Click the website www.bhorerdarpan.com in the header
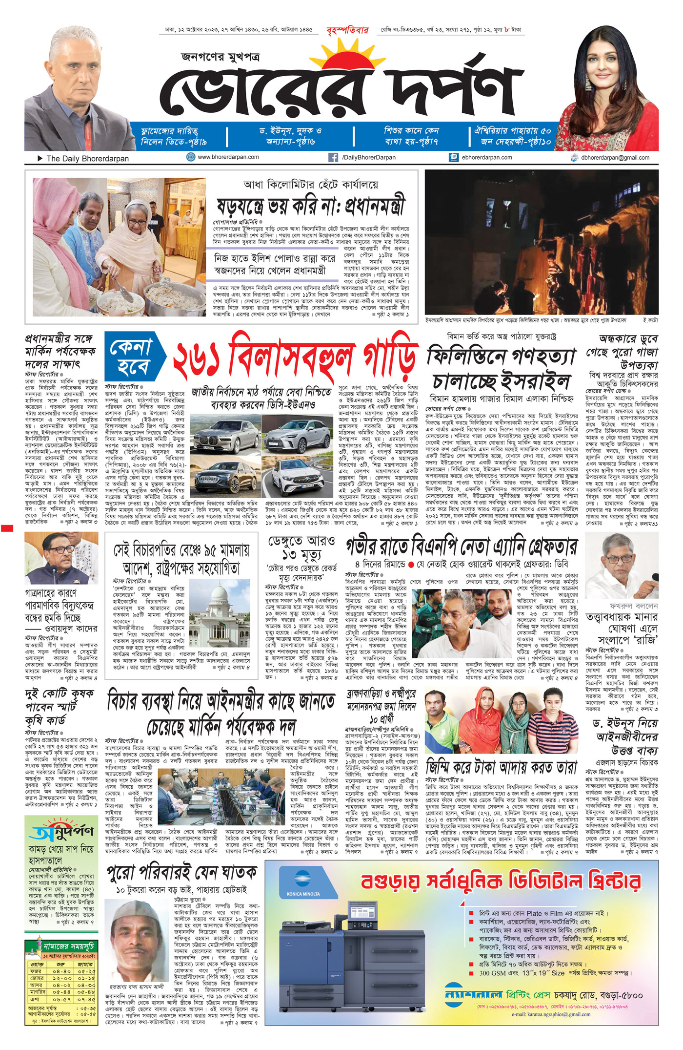(228, 157)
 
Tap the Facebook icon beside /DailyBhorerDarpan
(333, 157)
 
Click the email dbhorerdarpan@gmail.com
(615, 158)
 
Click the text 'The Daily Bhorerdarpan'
(87, 159)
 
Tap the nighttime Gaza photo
(542, 242)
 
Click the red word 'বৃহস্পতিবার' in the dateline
(347, 30)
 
